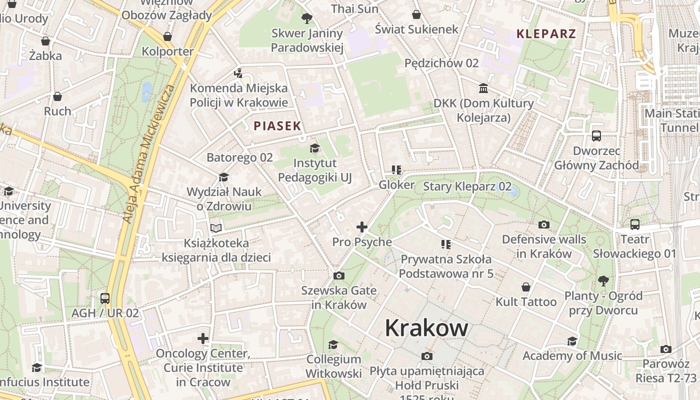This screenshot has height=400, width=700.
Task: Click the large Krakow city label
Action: pos(426,328)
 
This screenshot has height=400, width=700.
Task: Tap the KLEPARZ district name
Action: pos(546,34)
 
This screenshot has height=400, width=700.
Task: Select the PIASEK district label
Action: pos(277,126)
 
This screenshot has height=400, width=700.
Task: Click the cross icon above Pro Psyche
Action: pos(362,227)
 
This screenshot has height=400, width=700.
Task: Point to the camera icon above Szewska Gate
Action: pos(339,275)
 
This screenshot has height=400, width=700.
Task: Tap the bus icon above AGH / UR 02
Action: pos(105,298)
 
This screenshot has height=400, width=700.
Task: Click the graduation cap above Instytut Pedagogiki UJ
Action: pos(314,148)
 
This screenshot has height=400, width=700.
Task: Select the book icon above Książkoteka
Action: pos(216,228)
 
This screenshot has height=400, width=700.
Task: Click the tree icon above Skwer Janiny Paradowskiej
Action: pos(307,19)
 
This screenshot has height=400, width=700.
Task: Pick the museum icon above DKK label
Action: pos(483,88)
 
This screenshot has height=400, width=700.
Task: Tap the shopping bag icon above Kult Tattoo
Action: pos(525,287)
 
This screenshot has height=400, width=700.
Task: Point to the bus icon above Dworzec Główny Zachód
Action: pos(596,136)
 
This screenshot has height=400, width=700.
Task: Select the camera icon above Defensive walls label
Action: pos(544,224)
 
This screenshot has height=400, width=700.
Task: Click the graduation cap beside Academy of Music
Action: pos(572,341)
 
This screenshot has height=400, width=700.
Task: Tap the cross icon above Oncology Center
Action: pos(203,338)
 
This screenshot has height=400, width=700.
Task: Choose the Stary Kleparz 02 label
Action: pos(467,187)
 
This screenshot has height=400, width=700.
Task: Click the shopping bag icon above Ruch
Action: pos(57,96)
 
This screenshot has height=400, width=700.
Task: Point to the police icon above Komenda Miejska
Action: pos(238,73)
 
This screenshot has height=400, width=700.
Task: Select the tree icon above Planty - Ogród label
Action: pos(603,280)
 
